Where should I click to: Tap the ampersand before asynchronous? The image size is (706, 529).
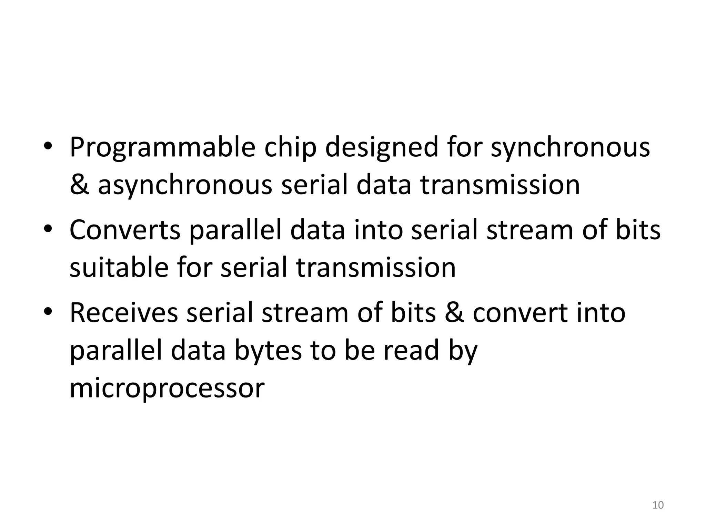[x=79, y=185]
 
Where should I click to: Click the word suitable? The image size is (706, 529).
[x=119, y=268]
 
